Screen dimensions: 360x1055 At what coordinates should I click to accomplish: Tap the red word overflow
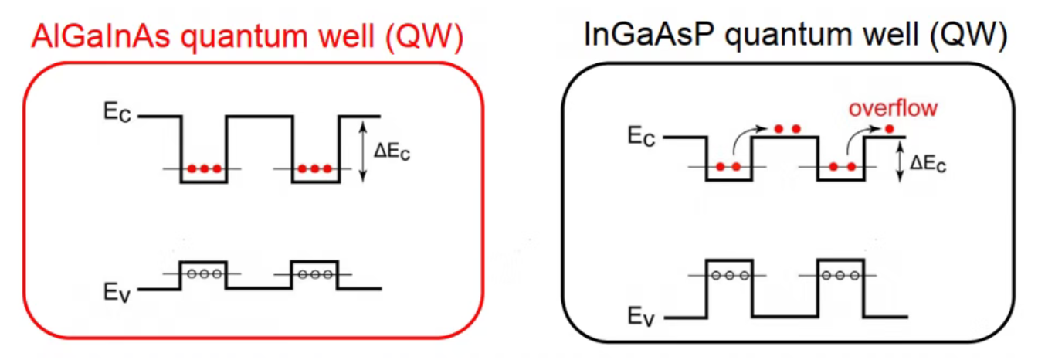coord(893,108)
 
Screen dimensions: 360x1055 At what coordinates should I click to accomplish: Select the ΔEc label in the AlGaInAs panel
coord(392,153)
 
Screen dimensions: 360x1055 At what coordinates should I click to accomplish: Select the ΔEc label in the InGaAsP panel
coord(927,164)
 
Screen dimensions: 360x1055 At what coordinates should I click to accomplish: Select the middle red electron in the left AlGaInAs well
coord(204,168)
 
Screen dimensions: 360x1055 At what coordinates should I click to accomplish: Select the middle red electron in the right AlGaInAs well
coord(314,168)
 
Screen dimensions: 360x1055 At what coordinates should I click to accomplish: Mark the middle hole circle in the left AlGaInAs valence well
coord(203,273)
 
